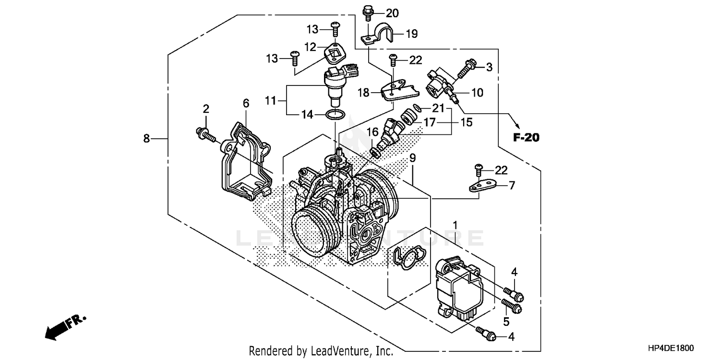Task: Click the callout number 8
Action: [146, 139]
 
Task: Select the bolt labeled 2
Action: [205, 134]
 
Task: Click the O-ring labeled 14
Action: [335, 115]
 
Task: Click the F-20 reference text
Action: [526, 138]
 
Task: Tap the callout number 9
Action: [412, 157]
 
